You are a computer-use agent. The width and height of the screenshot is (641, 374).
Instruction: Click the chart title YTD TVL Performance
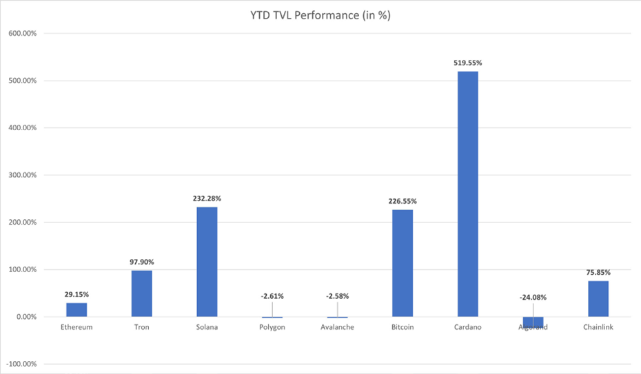click(320, 15)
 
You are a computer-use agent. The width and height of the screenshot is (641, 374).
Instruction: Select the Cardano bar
click(467, 194)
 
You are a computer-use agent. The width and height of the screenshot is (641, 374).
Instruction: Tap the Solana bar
click(207, 262)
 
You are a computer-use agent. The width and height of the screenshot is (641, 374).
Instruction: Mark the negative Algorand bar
click(533, 322)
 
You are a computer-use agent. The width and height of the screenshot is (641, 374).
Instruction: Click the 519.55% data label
click(467, 63)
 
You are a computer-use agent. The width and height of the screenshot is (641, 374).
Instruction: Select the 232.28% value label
click(207, 198)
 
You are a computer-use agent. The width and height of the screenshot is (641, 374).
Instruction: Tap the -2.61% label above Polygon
click(272, 296)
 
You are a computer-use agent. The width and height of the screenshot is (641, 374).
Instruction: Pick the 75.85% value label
click(598, 272)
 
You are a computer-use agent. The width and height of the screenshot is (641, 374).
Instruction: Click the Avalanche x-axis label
click(337, 327)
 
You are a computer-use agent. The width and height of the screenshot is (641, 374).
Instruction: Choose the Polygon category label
click(272, 327)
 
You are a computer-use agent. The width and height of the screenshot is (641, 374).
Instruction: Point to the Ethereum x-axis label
click(77, 327)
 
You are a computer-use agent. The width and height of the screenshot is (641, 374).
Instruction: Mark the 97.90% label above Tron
click(142, 262)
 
